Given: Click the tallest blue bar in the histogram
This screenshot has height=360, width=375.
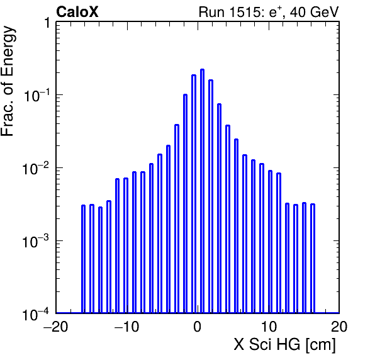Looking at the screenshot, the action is [202, 191].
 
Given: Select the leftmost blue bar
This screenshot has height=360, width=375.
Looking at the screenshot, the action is [83, 259].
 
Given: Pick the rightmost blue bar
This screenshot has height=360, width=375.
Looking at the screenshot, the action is [313, 258].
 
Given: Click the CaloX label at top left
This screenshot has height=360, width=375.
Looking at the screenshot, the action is [77, 12].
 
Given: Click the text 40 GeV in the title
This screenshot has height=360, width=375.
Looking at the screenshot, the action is [314, 12].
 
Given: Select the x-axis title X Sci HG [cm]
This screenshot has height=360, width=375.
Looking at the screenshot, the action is [284, 345].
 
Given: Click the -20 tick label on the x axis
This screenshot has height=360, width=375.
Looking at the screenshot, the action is [55, 327].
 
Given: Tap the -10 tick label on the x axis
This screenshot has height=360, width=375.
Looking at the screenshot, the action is [126, 327].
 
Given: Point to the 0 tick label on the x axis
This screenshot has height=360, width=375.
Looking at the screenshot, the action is [198, 327].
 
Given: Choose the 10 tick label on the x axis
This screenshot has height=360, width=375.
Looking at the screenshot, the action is [269, 327].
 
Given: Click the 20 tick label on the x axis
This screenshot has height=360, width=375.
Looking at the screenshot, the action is [339, 327].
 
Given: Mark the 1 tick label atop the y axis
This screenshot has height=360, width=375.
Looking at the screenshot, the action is [48, 23].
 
